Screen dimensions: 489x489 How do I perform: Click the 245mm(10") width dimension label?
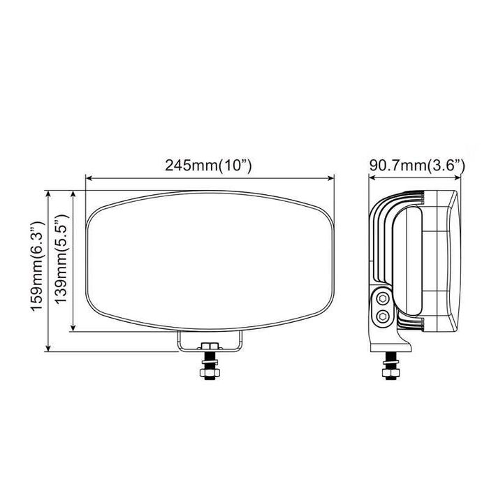(x=208, y=166)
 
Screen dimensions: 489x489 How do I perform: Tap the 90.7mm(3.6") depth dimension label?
(x=417, y=166)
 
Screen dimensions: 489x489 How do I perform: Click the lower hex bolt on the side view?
(x=381, y=316)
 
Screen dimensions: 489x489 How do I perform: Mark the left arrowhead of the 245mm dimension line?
(x=88, y=177)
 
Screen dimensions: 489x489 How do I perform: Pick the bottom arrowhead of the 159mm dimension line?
(x=48, y=349)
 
